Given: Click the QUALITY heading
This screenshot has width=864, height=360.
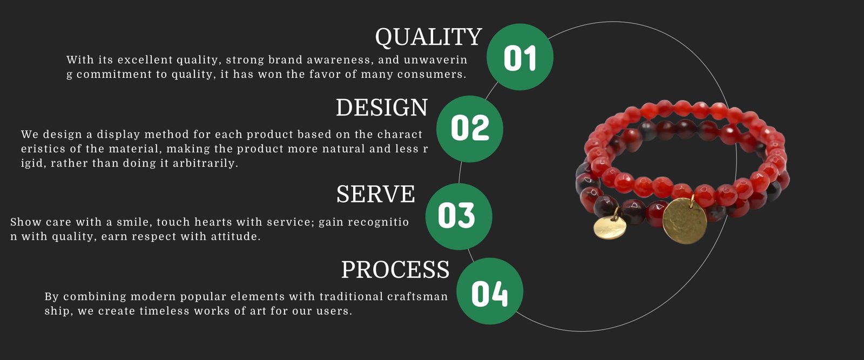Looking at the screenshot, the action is pos(429,37).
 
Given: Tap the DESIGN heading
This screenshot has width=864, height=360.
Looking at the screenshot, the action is pos(382,107).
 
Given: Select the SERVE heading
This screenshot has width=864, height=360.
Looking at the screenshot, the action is pos(376,194).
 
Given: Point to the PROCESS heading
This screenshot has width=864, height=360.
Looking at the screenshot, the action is pos(395,269).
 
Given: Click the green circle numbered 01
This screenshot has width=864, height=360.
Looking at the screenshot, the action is pos(520,57).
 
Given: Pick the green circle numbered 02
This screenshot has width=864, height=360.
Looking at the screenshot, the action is pos(470,129).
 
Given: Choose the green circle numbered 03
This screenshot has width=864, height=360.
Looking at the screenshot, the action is pos(459,216).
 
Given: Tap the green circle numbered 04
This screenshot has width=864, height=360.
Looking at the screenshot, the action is pos(490,291).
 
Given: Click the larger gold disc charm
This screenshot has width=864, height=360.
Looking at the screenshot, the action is pos(685,221).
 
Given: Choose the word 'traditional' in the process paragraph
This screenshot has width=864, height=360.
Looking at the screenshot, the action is pos(351,296).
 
